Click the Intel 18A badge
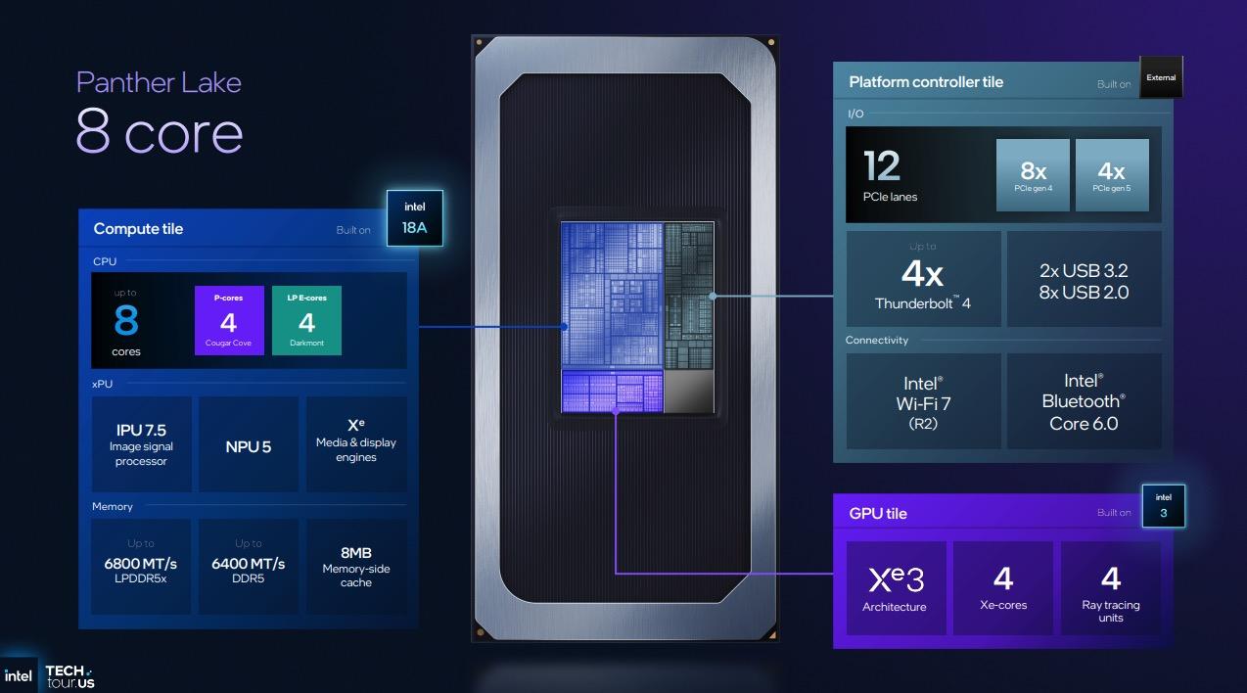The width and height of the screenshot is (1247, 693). click(415, 217)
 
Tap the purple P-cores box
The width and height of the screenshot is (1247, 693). click(229, 320)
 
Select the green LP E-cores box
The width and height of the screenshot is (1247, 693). click(306, 320)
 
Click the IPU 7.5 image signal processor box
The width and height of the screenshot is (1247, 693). click(141, 444)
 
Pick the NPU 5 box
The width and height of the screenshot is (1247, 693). click(249, 444)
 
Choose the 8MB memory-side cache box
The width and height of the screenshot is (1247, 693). click(355, 567)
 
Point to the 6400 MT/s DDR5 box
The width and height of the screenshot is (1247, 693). click(249, 567)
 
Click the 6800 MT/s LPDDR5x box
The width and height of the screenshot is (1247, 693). click(141, 567)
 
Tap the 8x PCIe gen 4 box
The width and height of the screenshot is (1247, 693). click(1034, 174)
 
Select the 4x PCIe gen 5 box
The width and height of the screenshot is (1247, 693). click(1112, 174)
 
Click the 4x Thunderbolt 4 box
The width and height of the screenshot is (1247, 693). click(923, 278)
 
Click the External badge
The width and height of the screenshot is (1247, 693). click(1162, 77)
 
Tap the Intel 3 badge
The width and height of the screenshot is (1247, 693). click(1163, 505)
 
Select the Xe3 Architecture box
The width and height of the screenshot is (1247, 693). click(895, 587)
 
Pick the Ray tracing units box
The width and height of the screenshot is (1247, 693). click(1111, 587)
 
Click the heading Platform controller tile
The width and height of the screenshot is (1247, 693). click(926, 82)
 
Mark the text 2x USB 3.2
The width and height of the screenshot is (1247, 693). click(1084, 270)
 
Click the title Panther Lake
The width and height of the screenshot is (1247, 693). click(159, 81)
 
